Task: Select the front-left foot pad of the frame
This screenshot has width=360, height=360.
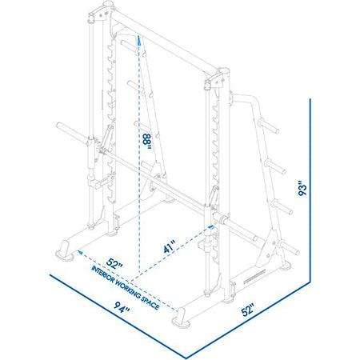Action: (x=63, y=254)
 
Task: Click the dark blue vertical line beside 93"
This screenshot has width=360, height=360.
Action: (x=309, y=192)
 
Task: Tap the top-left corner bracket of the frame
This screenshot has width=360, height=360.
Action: (x=104, y=11)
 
